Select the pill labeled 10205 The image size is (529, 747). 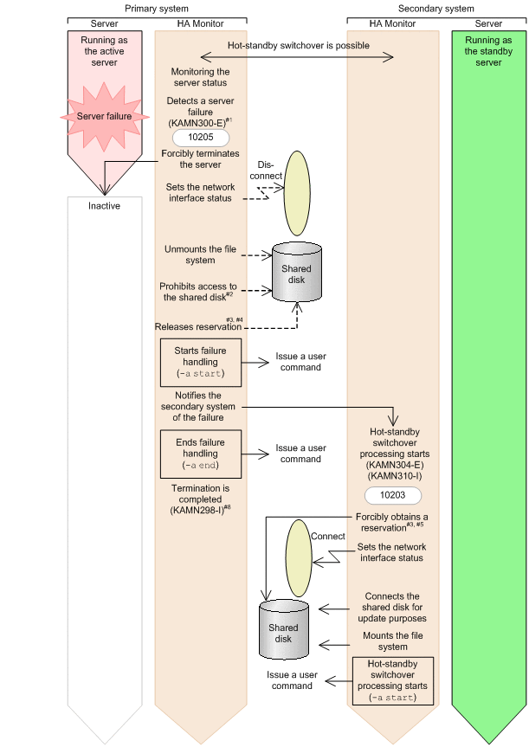[200, 138]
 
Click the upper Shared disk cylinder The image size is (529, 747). [298, 269]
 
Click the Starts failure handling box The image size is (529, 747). [201, 361]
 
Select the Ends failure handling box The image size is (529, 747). [200, 454]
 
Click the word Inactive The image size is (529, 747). [103, 206]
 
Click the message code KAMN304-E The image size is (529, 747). [394, 465]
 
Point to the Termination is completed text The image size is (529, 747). [200, 499]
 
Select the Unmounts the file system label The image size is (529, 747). [200, 254]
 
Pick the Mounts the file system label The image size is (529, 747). [393, 641]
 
